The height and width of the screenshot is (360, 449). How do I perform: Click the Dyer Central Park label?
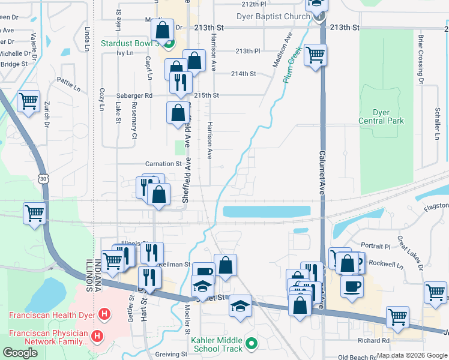point(381,116)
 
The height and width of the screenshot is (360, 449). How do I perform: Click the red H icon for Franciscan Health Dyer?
point(104,314)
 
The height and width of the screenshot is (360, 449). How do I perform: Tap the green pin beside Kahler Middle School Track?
point(252,344)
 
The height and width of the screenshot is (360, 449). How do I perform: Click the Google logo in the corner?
point(20,353)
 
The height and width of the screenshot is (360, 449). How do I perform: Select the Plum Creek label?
point(292,70)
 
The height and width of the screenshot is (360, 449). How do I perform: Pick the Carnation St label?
point(163,163)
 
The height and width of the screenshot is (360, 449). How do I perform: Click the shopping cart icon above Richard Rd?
point(397,317)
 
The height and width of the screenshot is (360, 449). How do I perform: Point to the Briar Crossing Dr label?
point(420,56)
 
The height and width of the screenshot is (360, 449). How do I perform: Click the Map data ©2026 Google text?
point(412,355)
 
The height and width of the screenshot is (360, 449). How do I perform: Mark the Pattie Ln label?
point(68,80)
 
